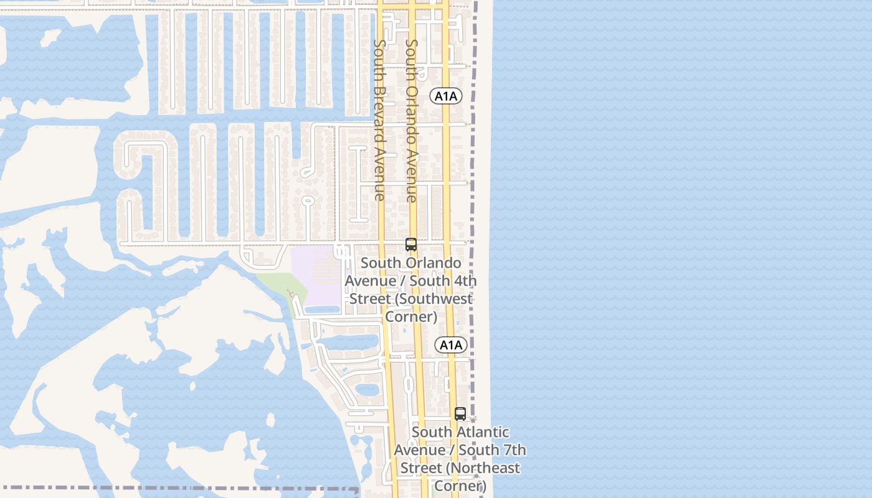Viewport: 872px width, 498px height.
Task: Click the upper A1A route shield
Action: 446,96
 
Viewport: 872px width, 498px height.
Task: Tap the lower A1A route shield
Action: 451,345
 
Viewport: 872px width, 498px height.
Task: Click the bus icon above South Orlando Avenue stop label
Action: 411,245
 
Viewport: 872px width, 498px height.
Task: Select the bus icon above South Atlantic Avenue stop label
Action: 460,414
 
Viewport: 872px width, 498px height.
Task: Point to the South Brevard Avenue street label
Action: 379,120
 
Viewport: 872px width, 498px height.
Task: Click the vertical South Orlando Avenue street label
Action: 412,121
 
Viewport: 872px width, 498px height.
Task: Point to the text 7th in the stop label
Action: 513,449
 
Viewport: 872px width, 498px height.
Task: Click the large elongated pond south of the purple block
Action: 352,343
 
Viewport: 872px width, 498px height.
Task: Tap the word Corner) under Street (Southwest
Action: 411,317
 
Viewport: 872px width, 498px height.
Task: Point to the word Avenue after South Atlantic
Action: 420,449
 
